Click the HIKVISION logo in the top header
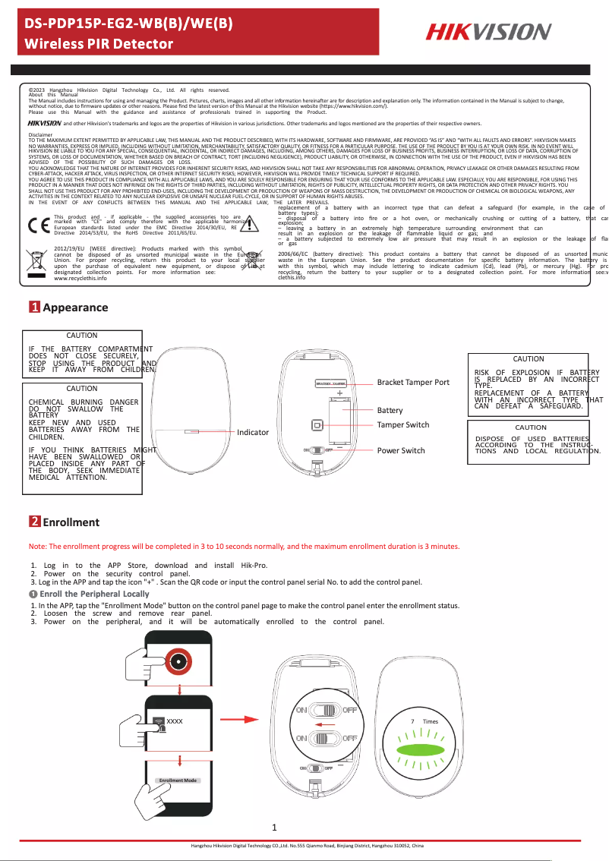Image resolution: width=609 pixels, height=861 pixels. pyautogui.click(x=488, y=32)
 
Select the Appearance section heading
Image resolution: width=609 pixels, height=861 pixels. pyautogui.click(x=74, y=307)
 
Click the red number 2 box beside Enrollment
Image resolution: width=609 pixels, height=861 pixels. pyautogui.click(x=35, y=522)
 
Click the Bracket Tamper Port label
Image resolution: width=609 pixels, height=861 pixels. pyautogui.click(x=413, y=382)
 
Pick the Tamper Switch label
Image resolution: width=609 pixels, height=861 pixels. pyautogui.click(x=402, y=424)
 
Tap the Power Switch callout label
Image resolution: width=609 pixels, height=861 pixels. pyautogui.click(x=401, y=450)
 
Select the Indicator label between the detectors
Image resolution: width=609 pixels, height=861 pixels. pyautogui.click(x=253, y=432)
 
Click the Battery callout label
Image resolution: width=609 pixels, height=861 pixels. pyautogui.click(x=390, y=410)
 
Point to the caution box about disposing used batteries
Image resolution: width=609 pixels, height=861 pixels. pyautogui.click(x=537, y=440)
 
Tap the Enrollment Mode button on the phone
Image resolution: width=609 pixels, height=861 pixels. pyautogui.click(x=178, y=780)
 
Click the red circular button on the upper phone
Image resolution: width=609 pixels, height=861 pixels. pyautogui.click(x=179, y=661)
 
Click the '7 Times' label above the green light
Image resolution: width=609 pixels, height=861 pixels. pyautogui.click(x=424, y=721)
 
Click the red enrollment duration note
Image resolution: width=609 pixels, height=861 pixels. pyautogui.click(x=244, y=547)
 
